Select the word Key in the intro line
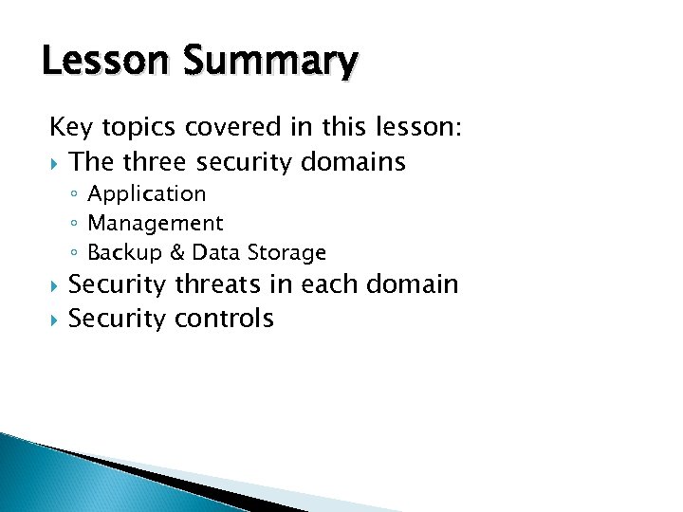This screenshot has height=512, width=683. [x=70, y=128]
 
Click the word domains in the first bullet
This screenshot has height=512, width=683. [x=353, y=162]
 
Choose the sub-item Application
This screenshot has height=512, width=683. [x=146, y=194]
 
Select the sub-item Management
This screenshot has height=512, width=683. [x=155, y=224]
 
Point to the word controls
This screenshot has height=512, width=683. [x=224, y=319]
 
